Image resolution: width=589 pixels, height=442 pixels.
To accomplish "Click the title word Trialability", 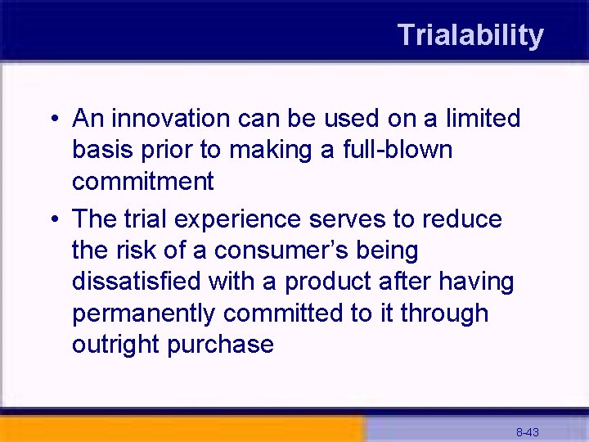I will pos(470,35).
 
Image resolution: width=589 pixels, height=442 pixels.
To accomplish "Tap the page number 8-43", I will pos(527,432).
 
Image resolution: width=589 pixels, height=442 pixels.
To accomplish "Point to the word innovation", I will pos(172,119).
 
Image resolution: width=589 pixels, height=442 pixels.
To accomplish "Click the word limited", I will pos(483,119).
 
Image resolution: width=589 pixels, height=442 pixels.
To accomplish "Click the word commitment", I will pos(142,182).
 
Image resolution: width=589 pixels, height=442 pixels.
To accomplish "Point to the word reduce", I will pos(462,219).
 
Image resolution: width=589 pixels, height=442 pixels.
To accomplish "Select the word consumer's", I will pos(272,250).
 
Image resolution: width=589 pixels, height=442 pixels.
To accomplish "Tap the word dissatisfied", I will pos(137,282).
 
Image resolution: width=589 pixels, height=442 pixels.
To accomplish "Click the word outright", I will pos(115,345).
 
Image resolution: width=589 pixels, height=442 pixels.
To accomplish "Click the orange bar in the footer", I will pos(180,430).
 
